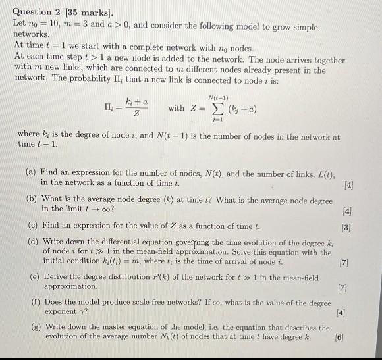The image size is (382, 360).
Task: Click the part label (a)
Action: click(x=30, y=172)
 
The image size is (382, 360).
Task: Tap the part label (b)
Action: click(x=31, y=199)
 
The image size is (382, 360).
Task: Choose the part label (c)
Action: click(x=30, y=225)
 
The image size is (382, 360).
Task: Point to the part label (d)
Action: click(x=31, y=243)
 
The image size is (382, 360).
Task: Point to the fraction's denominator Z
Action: click(x=135, y=115)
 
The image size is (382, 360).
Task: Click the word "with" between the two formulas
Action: click(x=176, y=108)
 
